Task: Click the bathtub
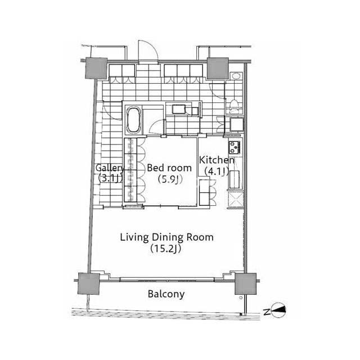click(x=133, y=119)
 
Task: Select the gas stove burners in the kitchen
click(x=235, y=147)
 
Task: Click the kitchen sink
click(x=235, y=179)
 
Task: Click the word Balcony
click(x=166, y=294)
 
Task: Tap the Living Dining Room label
click(x=166, y=237)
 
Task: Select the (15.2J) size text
click(x=165, y=249)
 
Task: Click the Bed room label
click(x=169, y=168)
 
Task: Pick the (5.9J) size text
click(x=170, y=179)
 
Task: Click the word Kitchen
click(x=217, y=160)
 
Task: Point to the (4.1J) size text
click(x=217, y=171)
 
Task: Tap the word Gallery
click(x=110, y=168)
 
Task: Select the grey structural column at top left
click(x=96, y=68)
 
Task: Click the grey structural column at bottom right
click(x=245, y=283)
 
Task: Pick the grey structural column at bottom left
click(x=89, y=283)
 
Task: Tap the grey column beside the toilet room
click(x=218, y=68)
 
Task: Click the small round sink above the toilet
click(x=236, y=76)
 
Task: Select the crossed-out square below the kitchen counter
click(x=235, y=200)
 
